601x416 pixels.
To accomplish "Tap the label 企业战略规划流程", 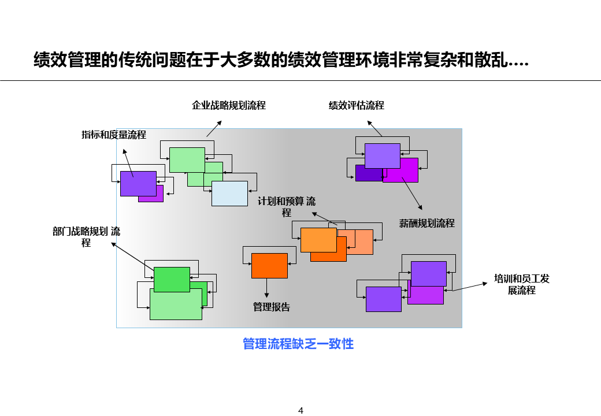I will tap(229, 105).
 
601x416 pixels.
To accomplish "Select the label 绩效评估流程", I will tap(357, 105).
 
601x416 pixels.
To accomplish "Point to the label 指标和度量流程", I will tap(114, 135).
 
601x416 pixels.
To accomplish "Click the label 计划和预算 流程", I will tap(287, 207).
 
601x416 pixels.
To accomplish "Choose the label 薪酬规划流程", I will tap(427, 223).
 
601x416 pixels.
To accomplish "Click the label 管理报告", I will tap(272, 307).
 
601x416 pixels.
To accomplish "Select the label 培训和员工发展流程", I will tap(522, 284).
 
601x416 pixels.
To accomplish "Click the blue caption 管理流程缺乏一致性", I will tap(298, 344).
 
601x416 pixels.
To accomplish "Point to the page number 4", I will tap(300, 411).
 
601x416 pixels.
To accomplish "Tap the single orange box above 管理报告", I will tap(269, 266).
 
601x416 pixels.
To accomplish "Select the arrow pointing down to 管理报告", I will tap(267, 288).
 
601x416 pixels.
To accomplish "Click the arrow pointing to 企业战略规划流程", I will tap(214, 129).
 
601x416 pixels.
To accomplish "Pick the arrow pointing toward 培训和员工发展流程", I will tap(469, 287).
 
